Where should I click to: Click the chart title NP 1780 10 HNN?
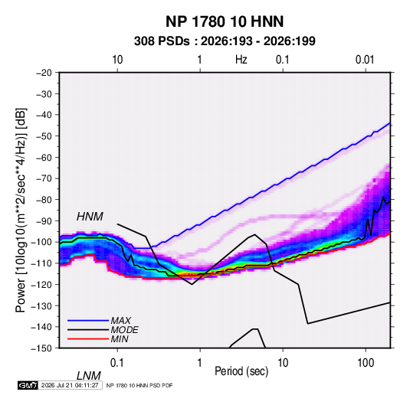(x=225, y=21)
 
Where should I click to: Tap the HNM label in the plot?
(x=90, y=217)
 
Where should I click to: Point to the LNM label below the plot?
(x=88, y=376)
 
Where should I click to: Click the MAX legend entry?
(x=120, y=320)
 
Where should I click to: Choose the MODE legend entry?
(x=124, y=330)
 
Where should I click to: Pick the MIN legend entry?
(x=120, y=339)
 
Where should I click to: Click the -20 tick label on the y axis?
(x=44, y=73)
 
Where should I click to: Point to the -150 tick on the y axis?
(x=41, y=348)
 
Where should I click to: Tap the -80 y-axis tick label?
(x=44, y=200)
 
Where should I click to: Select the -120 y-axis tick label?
(x=41, y=284)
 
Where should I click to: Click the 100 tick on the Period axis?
(x=366, y=363)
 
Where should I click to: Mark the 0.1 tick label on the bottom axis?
(x=117, y=363)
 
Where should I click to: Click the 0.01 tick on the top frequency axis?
(x=365, y=60)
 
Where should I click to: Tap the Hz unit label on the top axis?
(x=241, y=60)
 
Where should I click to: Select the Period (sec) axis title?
(x=241, y=371)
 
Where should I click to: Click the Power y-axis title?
(x=21, y=211)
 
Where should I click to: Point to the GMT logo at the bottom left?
(x=28, y=385)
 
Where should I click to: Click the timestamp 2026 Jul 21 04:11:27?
(x=70, y=385)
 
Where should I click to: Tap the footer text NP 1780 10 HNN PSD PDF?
(x=139, y=385)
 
